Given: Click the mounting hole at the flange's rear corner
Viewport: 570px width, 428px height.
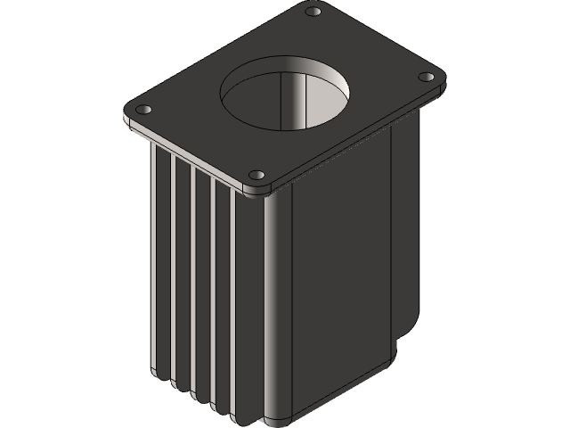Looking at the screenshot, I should click(x=313, y=12).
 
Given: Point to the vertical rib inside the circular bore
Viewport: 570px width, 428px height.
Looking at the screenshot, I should click(x=285, y=98).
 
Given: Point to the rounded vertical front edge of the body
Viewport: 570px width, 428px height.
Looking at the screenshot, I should click(x=273, y=303).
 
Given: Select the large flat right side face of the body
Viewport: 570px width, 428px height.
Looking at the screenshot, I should click(x=338, y=267).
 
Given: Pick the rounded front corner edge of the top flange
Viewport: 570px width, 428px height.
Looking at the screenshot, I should click(x=257, y=189).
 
